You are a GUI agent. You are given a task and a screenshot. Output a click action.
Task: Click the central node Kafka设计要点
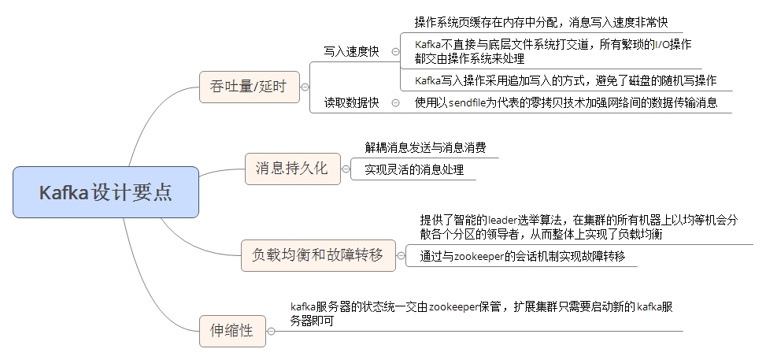click(x=105, y=192)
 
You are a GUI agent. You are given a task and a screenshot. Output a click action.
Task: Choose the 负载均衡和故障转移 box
click(x=317, y=255)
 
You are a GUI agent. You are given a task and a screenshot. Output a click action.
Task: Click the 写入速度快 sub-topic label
click(x=351, y=52)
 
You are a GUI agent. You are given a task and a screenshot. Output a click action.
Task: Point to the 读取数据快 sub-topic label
click(x=351, y=102)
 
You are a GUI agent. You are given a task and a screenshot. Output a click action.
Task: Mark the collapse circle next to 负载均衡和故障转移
click(x=401, y=255)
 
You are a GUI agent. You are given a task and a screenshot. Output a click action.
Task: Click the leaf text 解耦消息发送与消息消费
click(x=425, y=147)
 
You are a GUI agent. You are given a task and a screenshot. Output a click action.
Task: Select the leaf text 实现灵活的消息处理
click(x=414, y=169)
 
